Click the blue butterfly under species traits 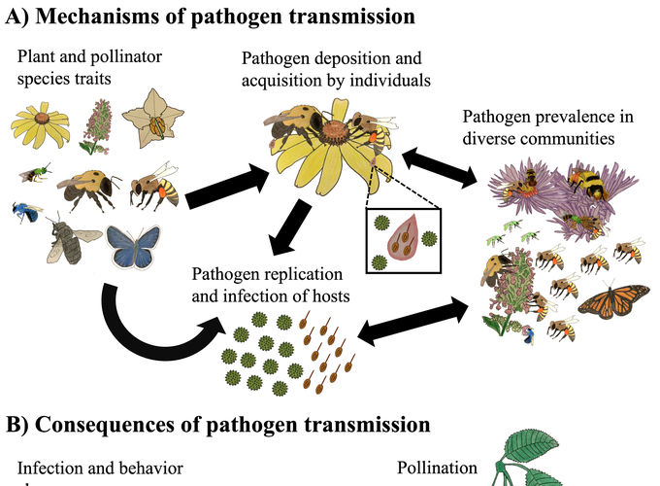click(133, 247)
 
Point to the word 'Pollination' click(438, 468)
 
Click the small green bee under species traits click(36, 174)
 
